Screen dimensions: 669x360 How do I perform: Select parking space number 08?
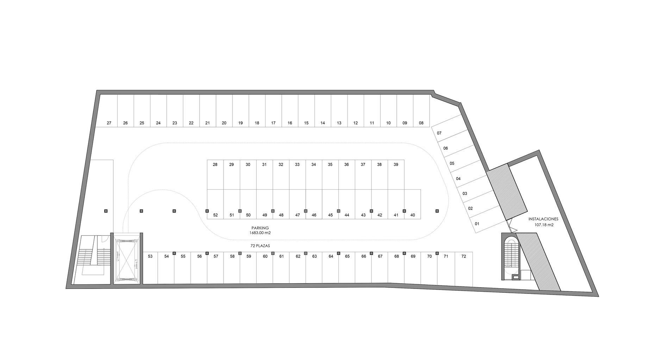click(421, 110)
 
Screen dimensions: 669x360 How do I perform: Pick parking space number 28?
click(215, 175)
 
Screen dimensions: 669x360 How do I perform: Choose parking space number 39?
click(396, 175)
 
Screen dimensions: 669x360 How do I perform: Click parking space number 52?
click(215, 204)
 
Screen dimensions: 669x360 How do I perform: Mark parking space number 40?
click(413, 204)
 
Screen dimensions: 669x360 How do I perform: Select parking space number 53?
click(150, 267)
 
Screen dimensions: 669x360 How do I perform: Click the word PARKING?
click(260, 228)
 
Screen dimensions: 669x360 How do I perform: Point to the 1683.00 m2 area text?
click(260, 233)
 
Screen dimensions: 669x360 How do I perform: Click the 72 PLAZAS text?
click(260, 246)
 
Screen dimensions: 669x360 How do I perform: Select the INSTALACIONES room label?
click(543, 219)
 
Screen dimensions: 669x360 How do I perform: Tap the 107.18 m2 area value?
click(544, 225)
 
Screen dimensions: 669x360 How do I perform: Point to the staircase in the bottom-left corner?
click(92, 260)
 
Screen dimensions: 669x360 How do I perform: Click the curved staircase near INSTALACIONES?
click(511, 256)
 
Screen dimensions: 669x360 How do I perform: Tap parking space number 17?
click(273, 110)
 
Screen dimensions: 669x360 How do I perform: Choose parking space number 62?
click(298, 267)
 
